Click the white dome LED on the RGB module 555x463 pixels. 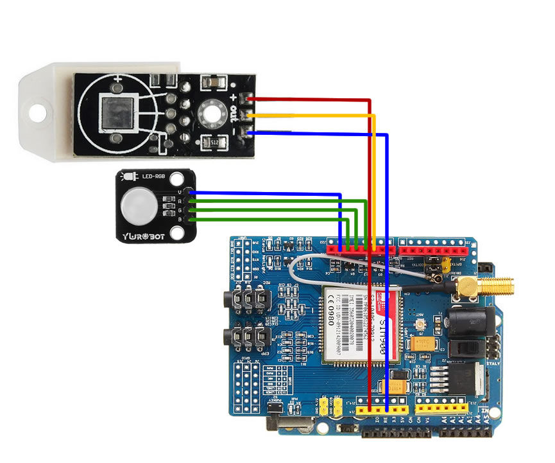(134, 205)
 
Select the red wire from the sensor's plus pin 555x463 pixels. (308, 100)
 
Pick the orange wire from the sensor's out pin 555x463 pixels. (308, 116)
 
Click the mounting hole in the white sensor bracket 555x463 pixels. (38, 110)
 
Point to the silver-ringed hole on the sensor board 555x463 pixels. (209, 114)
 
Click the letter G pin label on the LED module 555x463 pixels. (182, 210)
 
